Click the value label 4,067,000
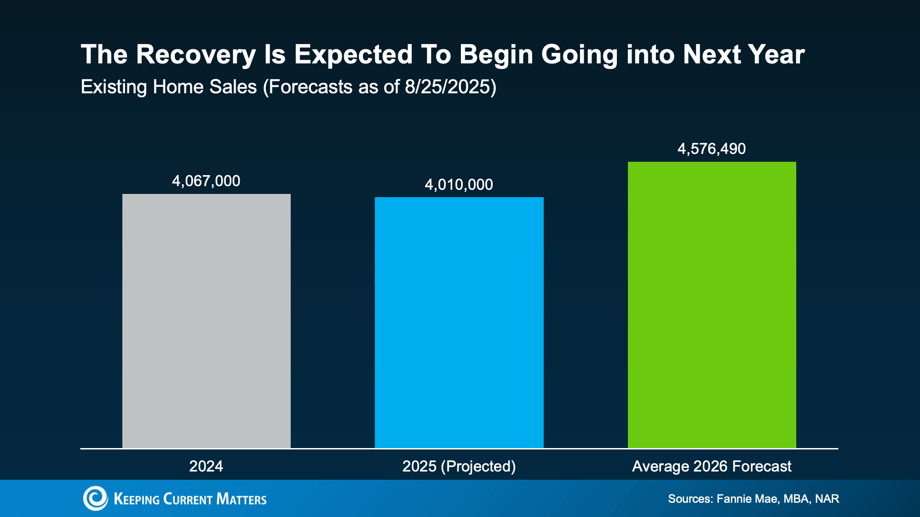pos(206,181)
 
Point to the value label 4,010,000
pos(459,185)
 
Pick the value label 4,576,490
pos(712,149)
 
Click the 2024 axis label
pos(206,466)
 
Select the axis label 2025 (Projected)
pos(459,466)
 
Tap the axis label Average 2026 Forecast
pos(712,466)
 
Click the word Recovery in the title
pos(195,55)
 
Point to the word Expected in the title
pos(353,55)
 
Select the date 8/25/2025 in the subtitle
pos(447,87)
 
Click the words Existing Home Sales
pos(168,87)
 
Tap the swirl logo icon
pos(96,499)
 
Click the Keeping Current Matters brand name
pos(190,499)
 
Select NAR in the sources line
pos(827,499)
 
